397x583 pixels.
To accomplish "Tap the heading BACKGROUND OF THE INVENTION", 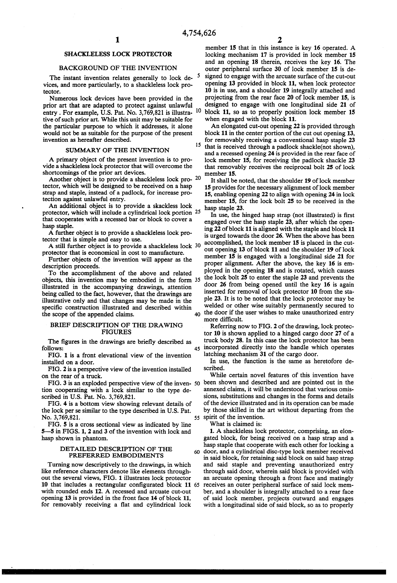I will (118, 68).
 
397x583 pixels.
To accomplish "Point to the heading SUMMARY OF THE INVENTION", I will (117, 150).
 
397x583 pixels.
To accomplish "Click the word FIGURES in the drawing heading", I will (116, 332).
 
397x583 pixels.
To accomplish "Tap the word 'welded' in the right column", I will (216, 306).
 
